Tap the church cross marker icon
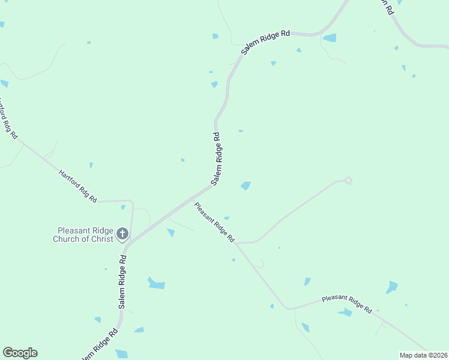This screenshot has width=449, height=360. (122, 233)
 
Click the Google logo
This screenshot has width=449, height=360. (20, 353)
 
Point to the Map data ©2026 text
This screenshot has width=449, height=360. (423, 355)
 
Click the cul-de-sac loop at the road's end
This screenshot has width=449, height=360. (348, 180)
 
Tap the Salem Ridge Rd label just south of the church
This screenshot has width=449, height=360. (122, 282)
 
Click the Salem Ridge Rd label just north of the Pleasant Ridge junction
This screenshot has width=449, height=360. (217, 158)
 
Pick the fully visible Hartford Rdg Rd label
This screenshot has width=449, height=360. (78, 186)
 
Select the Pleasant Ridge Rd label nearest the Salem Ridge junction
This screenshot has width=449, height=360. (214, 222)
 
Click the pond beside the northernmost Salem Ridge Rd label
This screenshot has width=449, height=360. (330, 38)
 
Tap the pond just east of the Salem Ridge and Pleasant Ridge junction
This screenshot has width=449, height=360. (246, 185)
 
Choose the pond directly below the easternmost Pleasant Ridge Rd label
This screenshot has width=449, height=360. (345, 313)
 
